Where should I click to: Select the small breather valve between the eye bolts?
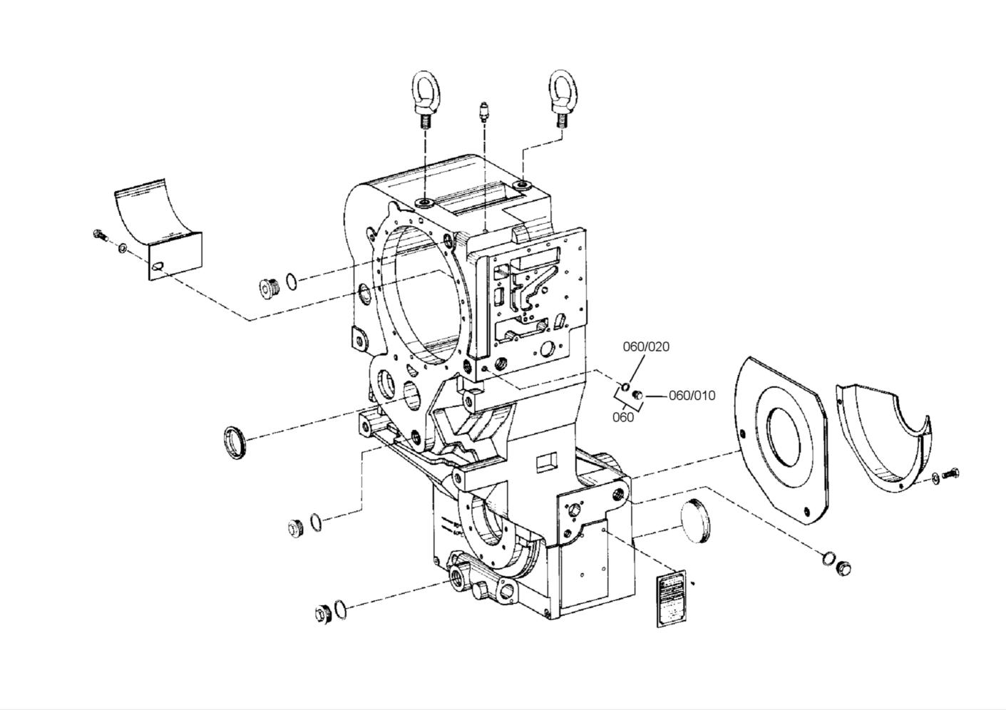pos(484,113)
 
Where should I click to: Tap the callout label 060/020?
pos(646,346)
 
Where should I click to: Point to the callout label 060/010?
pos(692,396)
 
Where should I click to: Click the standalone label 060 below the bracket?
pos(622,418)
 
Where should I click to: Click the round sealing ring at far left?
pos(235,441)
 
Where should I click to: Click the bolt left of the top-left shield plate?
pos(100,235)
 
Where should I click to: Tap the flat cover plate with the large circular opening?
pos(782,441)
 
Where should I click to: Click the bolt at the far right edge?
pos(951,473)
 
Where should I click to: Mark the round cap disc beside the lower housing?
pos(695,521)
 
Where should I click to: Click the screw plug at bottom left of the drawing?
pos(322,613)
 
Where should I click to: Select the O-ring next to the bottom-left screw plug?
pos(342,610)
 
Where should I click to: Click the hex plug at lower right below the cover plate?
pos(845,567)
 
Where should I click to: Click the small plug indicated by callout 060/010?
pos(638,395)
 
